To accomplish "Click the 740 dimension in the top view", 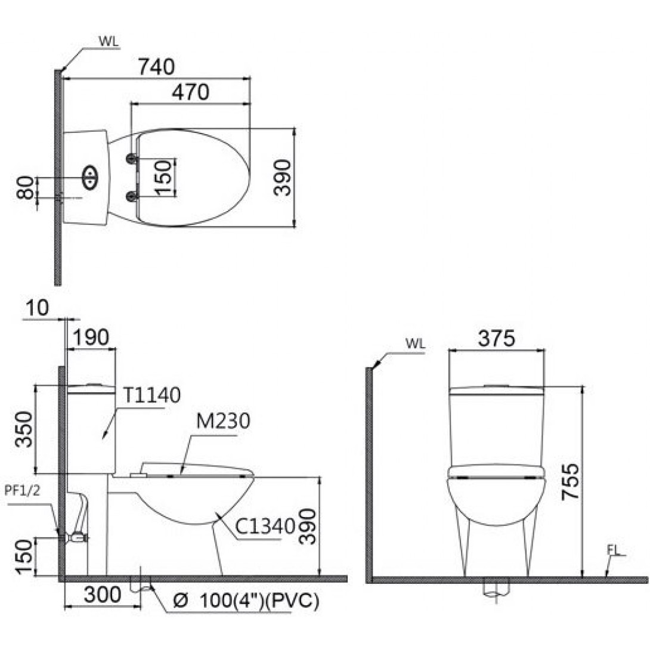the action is pos(156,67).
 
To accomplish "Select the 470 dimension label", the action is pos(191,92).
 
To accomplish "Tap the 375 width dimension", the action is pos(496,338).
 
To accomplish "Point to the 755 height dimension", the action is pos(570,482).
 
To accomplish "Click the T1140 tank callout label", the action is pos(151,395).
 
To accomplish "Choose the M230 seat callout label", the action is pos(223,421).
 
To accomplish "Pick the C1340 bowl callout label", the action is pos(265,527).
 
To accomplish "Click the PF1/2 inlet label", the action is pos(23,491).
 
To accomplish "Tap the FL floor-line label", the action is pos(612,550).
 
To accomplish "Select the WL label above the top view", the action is pos(109,42).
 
